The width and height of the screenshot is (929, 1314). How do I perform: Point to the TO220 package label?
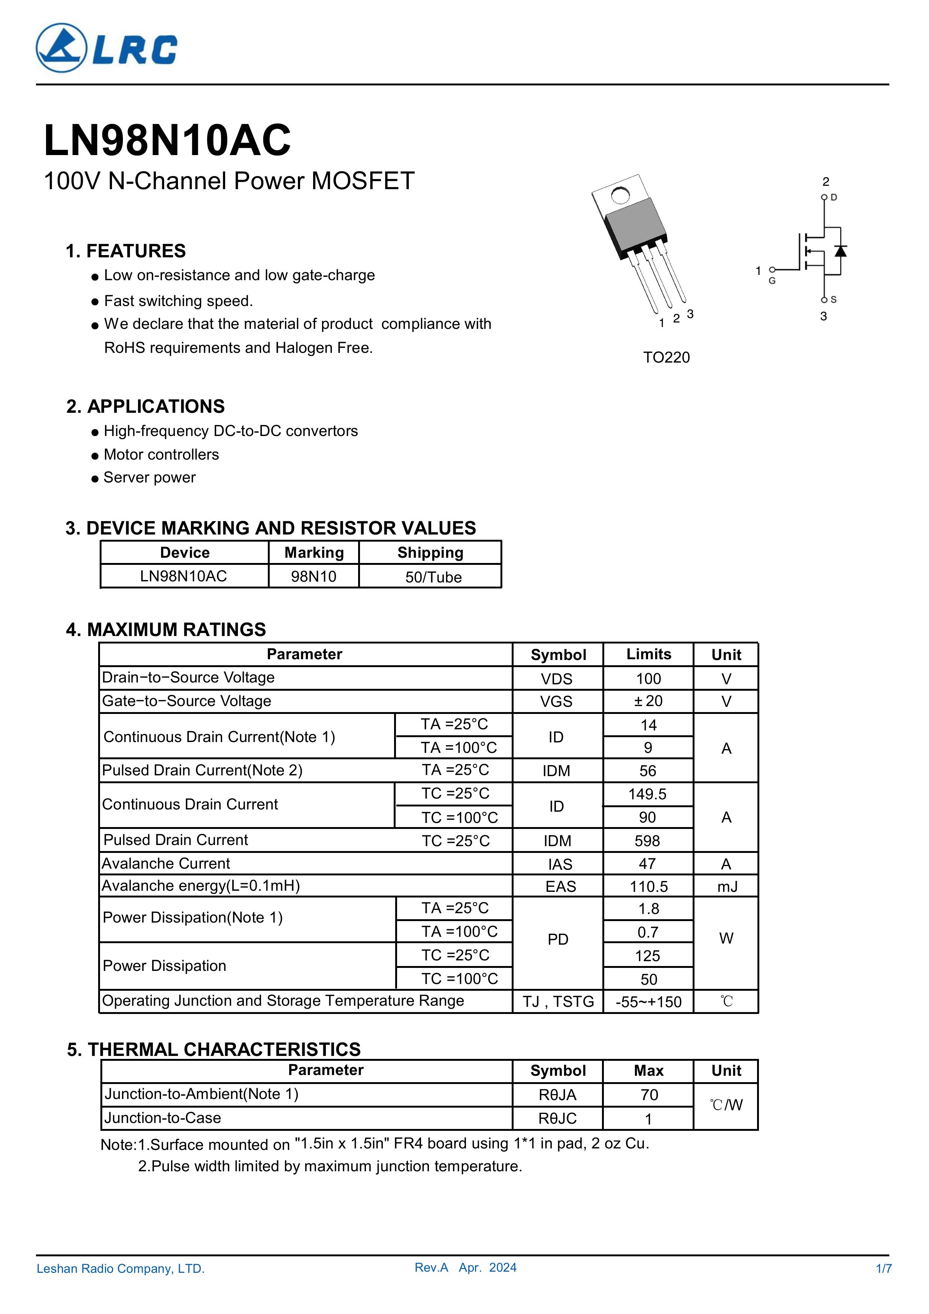pyautogui.click(x=666, y=358)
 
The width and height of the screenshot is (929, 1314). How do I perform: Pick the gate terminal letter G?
pyautogui.click(x=772, y=281)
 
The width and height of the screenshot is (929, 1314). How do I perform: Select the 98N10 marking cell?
pyautogui.click(x=314, y=576)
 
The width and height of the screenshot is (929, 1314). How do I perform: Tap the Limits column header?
pyautogui.click(x=648, y=654)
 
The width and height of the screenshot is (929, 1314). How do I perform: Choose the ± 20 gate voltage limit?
pyautogui.click(x=648, y=701)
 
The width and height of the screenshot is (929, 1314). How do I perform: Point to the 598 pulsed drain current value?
pyautogui.click(x=647, y=841)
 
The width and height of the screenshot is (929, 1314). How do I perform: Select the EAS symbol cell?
pyautogui.click(x=560, y=887)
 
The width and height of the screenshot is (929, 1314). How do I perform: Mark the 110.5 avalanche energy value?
pyautogui.click(x=648, y=887)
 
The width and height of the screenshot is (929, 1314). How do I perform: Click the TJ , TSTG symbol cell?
pyautogui.click(x=558, y=1002)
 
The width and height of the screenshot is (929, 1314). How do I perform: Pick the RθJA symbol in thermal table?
pyautogui.click(x=557, y=1095)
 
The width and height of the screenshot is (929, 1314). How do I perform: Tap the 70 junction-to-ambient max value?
pyautogui.click(x=649, y=1095)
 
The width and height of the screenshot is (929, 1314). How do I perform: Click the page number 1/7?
pyautogui.click(x=884, y=1269)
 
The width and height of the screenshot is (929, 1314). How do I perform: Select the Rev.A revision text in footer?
pyautogui.click(x=432, y=1268)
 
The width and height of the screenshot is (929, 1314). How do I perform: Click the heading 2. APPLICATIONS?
pyautogui.click(x=145, y=406)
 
